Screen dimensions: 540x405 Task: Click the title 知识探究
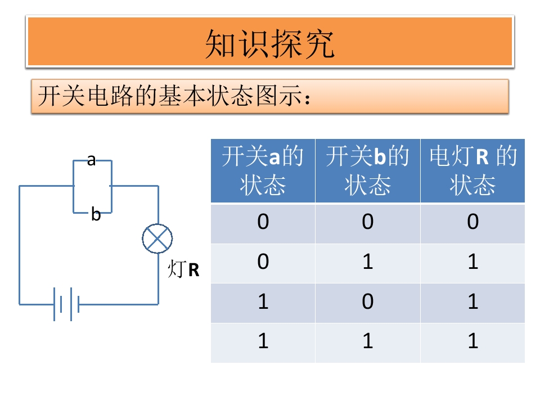tap(269, 43)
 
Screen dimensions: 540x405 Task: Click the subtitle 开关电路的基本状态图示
tap(174, 96)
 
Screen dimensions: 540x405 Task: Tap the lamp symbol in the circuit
tap(157, 238)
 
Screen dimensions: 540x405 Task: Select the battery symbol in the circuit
tap(66, 304)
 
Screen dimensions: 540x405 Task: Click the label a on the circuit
tap(91, 160)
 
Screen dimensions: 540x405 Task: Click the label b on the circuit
tap(96, 214)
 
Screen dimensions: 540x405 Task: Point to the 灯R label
tap(183, 269)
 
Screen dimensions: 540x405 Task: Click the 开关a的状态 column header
tap(263, 170)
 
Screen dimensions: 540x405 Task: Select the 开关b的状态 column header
tap(367, 170)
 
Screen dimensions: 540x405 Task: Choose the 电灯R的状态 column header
tap(472, 170)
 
